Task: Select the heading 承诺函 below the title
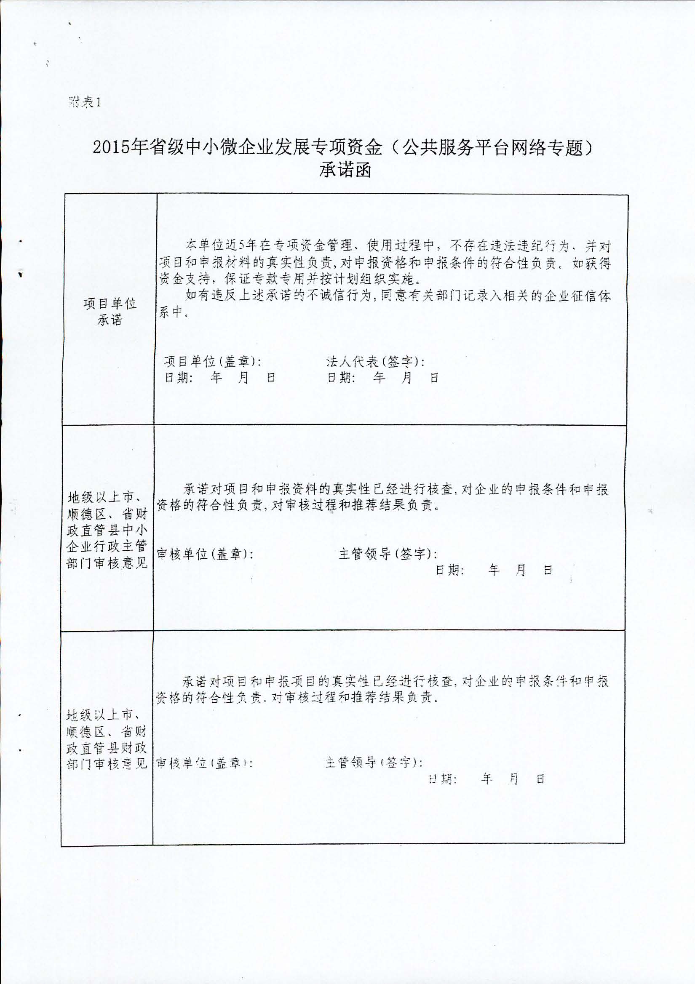coord(345,170)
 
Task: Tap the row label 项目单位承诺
coord(110,312)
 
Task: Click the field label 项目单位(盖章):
coord(213,362)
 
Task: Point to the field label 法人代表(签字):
coord(375,362)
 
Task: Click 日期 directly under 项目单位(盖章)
coord(178,378)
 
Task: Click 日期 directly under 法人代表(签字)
coord(341,378)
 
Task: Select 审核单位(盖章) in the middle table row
coord(205,554)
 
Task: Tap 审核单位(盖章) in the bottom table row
coord(203,763)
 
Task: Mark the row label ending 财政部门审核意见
coord(107,739)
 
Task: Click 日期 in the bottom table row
coord(443,779)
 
